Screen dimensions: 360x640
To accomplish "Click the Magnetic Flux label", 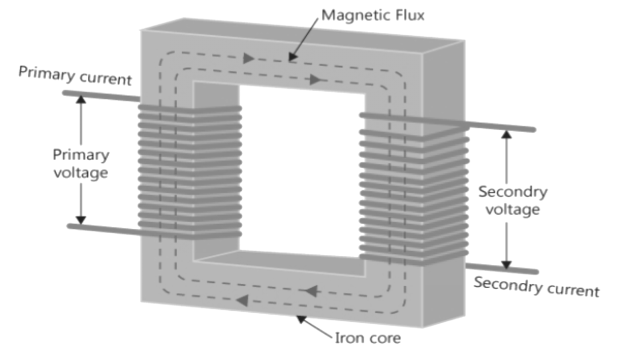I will pos(372,15).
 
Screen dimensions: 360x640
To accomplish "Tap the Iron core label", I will pos(367,338).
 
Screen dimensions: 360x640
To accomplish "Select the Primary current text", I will pos(75,75).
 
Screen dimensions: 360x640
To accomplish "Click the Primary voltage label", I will pos(80,163).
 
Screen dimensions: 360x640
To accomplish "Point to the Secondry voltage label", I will pos(512,200).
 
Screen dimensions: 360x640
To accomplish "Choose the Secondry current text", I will pos(536,286).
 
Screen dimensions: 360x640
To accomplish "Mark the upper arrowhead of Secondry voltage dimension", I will pos(506,134).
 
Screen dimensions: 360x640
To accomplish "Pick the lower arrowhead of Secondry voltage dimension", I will pos(506,264).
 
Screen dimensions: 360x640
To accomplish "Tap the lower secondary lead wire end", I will pos(534,271).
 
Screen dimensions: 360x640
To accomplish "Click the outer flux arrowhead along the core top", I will pos(249,58).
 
